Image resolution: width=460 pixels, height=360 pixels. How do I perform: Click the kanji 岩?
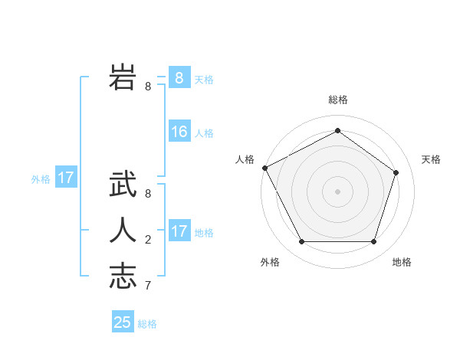(123, 77)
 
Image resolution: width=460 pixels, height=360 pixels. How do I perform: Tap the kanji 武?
(123, 185)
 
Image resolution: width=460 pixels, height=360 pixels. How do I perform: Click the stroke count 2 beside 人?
(147, 240)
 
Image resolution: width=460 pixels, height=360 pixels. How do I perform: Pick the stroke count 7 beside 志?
(147, 286)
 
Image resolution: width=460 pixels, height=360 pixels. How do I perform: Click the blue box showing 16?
(179, 132)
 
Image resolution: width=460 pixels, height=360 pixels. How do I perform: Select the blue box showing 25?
(123, 322)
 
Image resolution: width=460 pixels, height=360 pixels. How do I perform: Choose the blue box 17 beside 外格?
(66, 178)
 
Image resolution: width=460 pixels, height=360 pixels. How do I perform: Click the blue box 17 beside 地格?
(179, 231)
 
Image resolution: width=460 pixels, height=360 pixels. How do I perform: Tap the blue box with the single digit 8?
(179, 78)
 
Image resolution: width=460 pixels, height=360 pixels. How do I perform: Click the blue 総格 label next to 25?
(147, 324)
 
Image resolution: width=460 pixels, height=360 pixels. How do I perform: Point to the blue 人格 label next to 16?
(204, 133)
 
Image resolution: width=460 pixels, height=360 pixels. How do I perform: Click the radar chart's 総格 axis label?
(337, 100)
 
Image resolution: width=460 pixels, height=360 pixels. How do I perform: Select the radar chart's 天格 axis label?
(431, 159)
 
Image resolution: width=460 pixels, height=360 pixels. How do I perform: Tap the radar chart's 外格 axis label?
(270, 262)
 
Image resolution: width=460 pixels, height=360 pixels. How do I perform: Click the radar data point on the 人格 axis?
(264, 168)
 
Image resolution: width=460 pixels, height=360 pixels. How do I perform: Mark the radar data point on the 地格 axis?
(373, 242)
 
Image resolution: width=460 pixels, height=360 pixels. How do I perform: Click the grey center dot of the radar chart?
(337, 191)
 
